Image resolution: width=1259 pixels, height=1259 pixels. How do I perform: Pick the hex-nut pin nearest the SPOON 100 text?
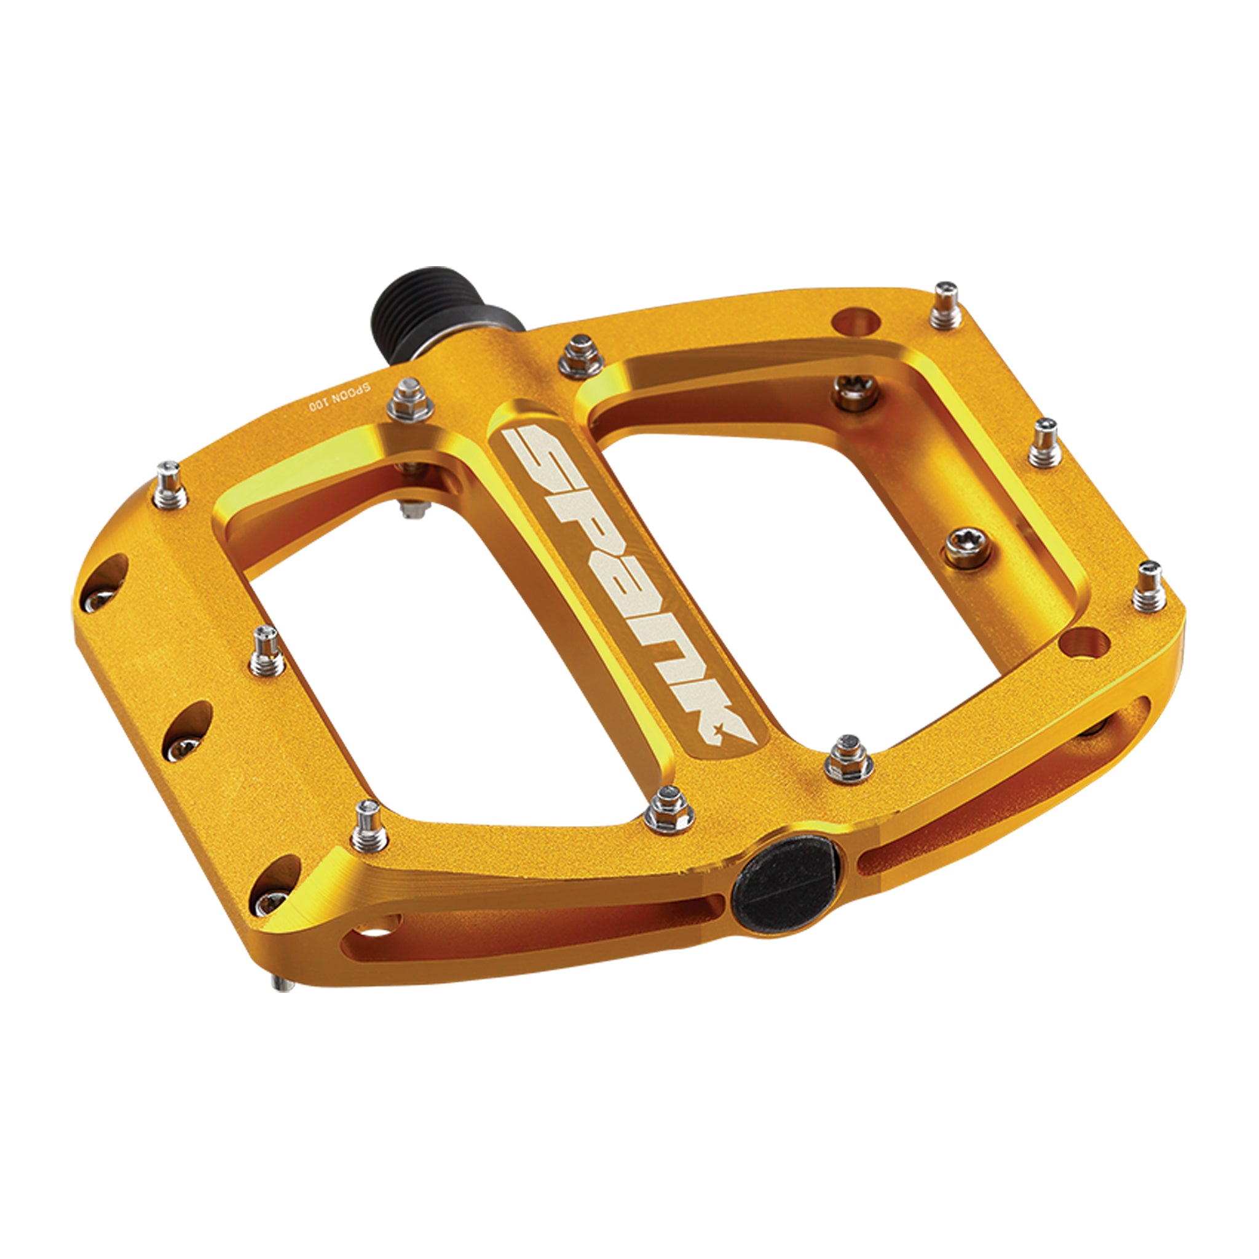(x=409, y=399)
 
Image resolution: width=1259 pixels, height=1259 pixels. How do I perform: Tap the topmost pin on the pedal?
(x=945, y=304)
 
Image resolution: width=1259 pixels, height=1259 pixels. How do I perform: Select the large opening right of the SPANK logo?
(x=815, y=567)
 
